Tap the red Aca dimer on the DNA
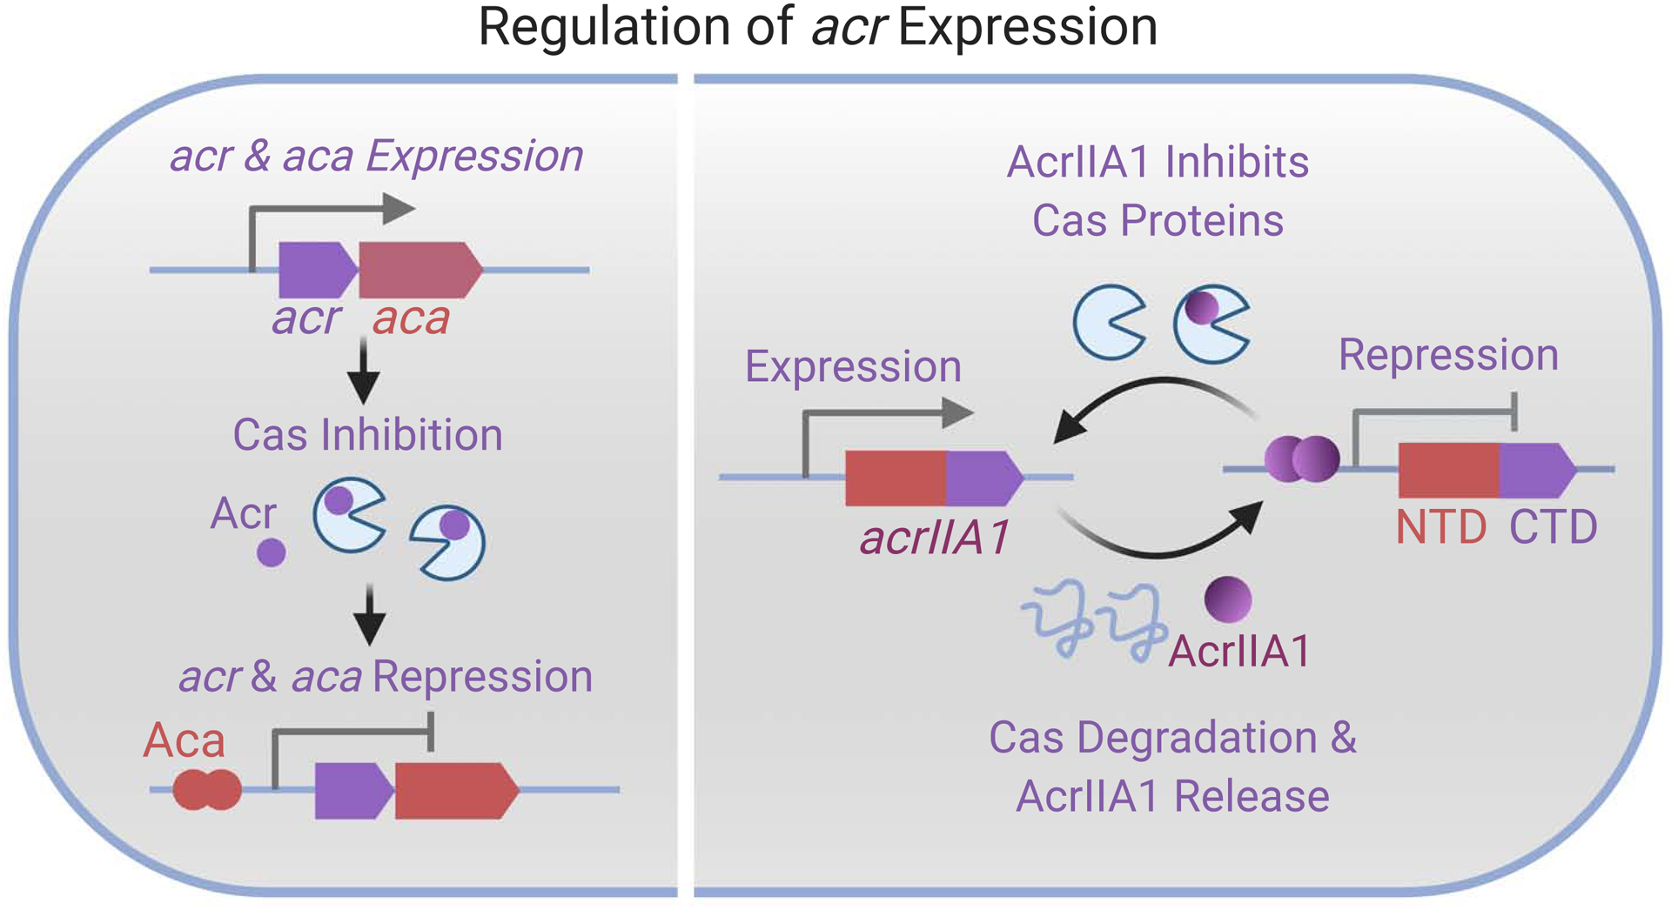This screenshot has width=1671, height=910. tap(206, 790)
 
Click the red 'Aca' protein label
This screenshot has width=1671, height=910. tap(184, 741)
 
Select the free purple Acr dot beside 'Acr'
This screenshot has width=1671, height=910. tap(272, 552)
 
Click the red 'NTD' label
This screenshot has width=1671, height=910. tap(1441, 527)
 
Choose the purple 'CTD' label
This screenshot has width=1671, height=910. tap(1553, 527)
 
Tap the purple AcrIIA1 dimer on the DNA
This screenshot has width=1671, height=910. tap(1302, 458)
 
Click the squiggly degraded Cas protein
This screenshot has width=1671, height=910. tap(1093, 623)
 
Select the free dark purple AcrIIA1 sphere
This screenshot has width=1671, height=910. tap(1228, 599)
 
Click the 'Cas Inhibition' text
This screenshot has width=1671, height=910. tap(367, 435)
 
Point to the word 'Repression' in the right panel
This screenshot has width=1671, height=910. tap(1448, 355)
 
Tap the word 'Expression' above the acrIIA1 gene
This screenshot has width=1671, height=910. tap(853, 366)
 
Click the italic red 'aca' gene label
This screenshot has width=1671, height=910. tap(411, 318)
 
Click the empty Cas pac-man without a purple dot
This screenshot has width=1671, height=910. tap(1107, 322)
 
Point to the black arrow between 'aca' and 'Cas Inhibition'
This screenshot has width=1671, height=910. tap(364, 370)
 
